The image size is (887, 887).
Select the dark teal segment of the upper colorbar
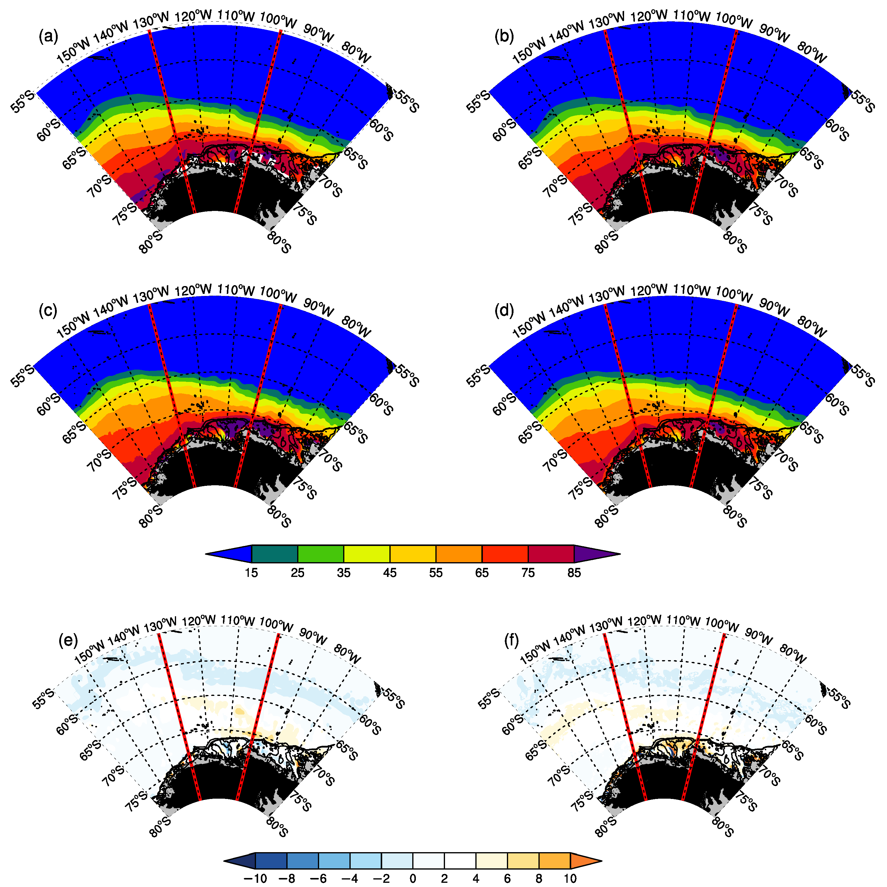point(275,554)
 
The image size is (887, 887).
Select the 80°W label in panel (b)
point(812,52)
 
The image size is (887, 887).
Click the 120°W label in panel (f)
point(645,621)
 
